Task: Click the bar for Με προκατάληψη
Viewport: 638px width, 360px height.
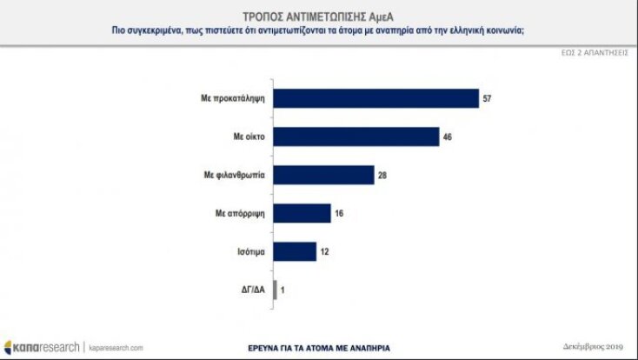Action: [376, 99]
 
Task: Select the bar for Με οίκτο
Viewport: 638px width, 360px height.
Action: [356, 137]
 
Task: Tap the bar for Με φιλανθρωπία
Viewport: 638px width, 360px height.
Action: [323, 176]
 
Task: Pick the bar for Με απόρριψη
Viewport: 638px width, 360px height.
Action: [302, 213]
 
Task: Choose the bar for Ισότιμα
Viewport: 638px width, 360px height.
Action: [295, 251]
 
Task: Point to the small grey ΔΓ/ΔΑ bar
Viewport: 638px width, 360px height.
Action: [276, 290]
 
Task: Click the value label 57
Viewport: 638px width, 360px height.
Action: [487, 99]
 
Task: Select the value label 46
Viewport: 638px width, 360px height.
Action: [446, 137]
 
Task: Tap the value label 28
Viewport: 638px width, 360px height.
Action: [382, 176]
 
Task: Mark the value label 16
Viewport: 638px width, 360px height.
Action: [339, 213]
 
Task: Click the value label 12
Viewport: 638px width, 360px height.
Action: [324, 251]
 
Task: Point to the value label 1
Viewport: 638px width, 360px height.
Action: [283, 290]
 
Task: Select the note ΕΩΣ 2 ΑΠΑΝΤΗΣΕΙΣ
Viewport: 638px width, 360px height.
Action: [594, 52]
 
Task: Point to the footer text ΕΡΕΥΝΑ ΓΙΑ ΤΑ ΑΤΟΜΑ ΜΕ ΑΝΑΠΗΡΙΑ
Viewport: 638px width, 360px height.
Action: [317, 347]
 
